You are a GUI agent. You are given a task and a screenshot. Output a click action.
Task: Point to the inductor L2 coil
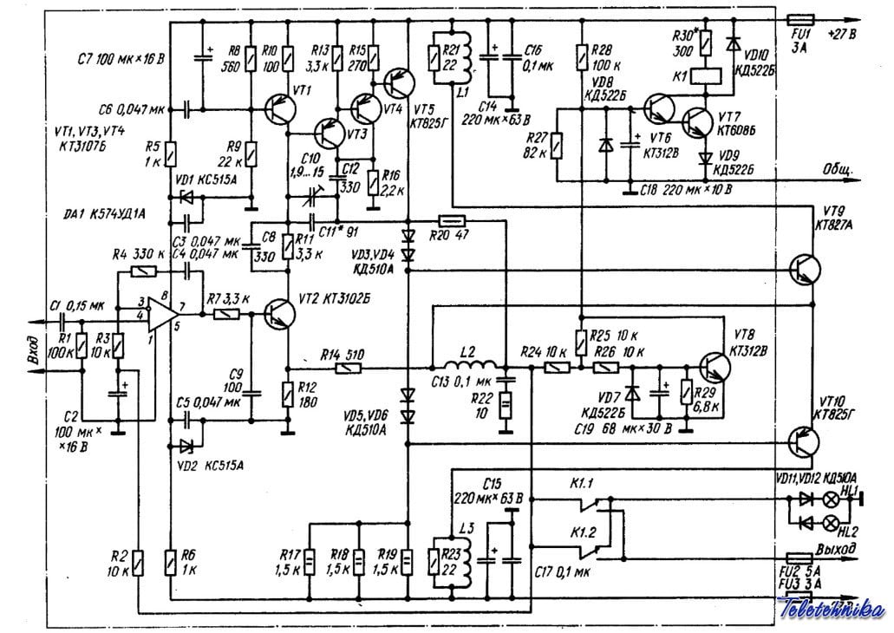click(x=468, y=366)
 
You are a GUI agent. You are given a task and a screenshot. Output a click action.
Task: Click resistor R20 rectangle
click(x=454, y=220)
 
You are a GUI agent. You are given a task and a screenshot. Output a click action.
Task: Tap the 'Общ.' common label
click(x=838, y=167)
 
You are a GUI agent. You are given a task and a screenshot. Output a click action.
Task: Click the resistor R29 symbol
click(x=686, y=395)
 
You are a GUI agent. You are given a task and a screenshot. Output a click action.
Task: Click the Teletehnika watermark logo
click(x=832, y=610)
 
